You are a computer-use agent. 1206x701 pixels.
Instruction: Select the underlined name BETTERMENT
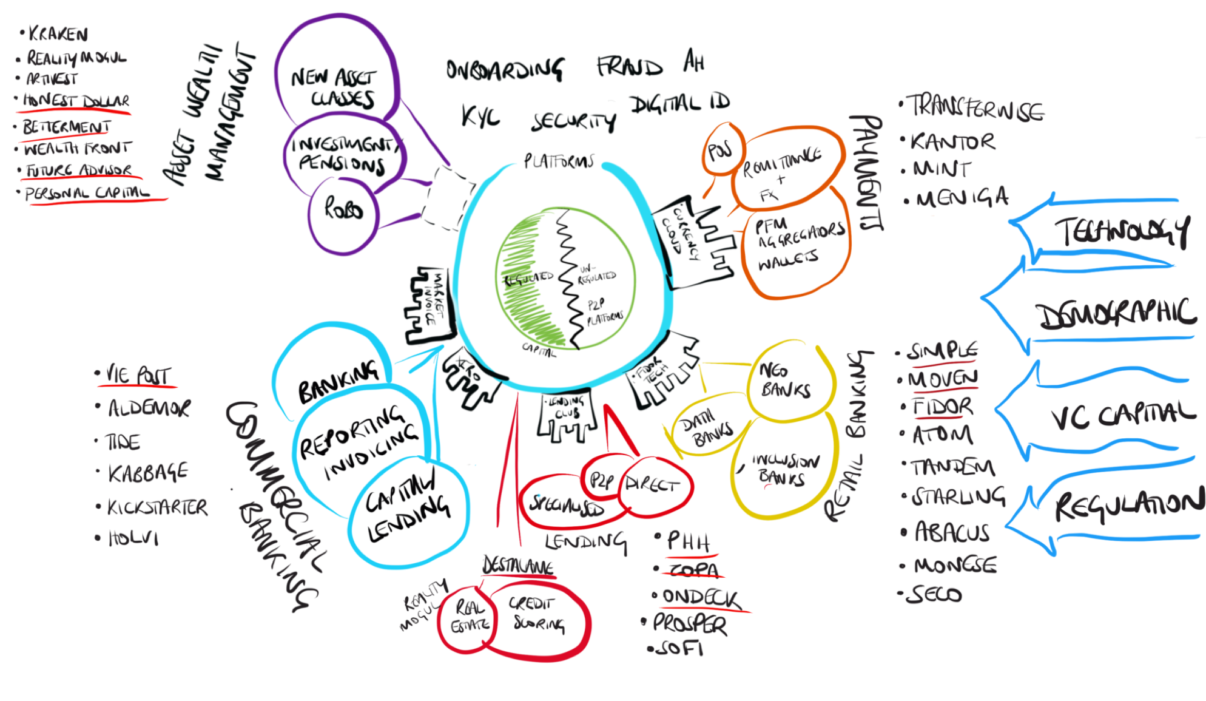click(66, 127)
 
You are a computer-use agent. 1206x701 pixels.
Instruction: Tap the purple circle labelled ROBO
click(344, 211)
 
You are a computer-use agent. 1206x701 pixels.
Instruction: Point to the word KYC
click(481, 115)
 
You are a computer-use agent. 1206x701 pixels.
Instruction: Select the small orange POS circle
click(719, 148)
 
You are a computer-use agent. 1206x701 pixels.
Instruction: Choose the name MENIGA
click(962, 198)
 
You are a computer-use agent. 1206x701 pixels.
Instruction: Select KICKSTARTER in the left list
click(157, 507)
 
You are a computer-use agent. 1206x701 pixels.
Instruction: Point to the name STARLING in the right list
click(958, 496)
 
